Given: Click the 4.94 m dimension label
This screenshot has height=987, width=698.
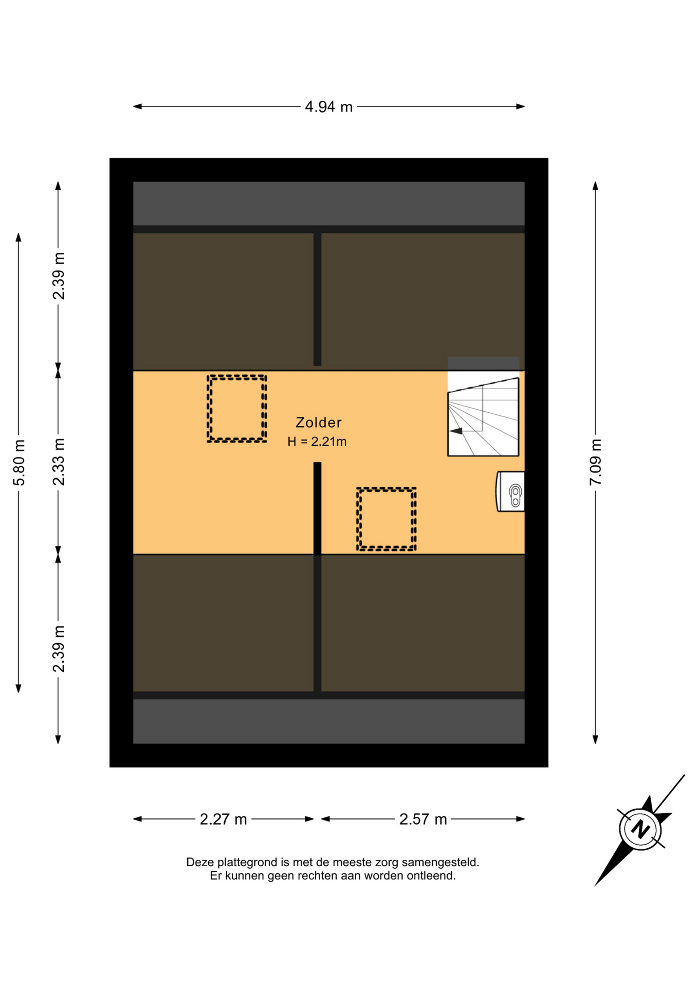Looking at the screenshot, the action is [x=328, y=107].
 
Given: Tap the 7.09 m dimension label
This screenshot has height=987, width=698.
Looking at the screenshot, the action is [x=595, y=462].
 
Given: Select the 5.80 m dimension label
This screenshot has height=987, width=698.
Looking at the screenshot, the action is [x=19, y=463].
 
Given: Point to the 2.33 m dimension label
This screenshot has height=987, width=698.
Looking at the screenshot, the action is [x=59, y=462].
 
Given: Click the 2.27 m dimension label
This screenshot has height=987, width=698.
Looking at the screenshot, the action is [x=223, y=819].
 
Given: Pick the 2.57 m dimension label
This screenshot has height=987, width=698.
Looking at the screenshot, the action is [x=423, y=819].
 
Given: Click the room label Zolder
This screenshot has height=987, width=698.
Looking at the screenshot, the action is [x=318, y=423].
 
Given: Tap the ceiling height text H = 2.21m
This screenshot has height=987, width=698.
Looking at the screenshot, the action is [x=317, y=442].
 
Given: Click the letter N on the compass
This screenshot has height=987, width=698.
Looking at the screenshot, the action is [x=640, y=829].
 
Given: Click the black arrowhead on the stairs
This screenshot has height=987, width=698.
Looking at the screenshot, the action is [x=455, y=431].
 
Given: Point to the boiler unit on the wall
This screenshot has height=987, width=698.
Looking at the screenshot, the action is [x=510, y=491].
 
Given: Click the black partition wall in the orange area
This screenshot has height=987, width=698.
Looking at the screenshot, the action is [x=317, y=508].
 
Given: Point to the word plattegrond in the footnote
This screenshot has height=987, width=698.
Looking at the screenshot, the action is [x=247, y=863].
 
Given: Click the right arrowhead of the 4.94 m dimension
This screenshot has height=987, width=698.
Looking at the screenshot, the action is [x=521, y=107].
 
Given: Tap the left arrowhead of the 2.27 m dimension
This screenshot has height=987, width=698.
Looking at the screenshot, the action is [x=137, y=819].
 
